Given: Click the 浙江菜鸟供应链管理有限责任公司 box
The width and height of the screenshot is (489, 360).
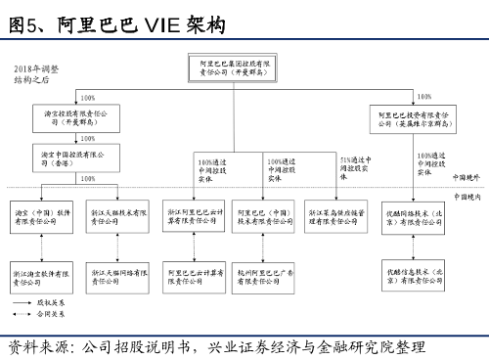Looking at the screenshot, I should pyautogui.click(x=336, y=217).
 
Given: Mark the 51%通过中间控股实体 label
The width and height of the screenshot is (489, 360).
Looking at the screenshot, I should pyautogui.click(x=355, y=165).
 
